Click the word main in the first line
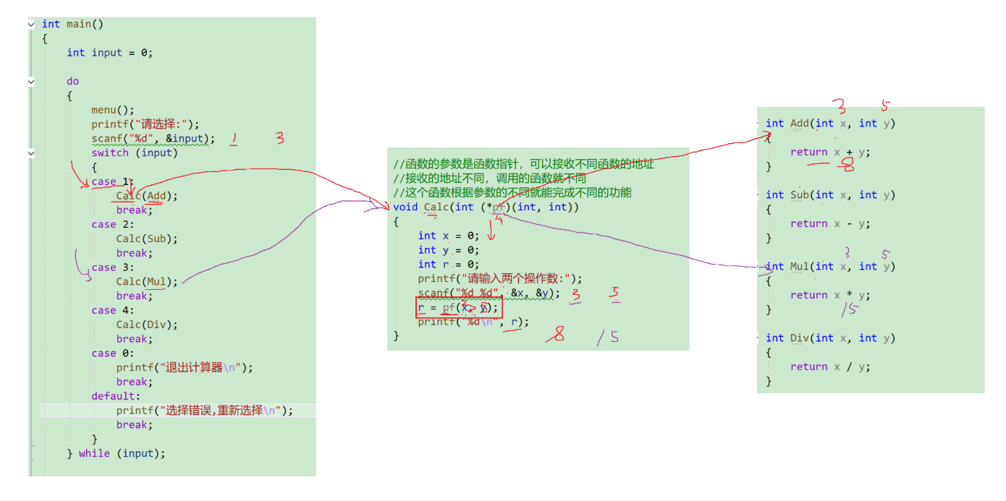[79, 24]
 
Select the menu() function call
[112, 110]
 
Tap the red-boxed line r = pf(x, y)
[458, 308]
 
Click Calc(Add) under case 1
[146, 196]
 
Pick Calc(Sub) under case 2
[146, 239]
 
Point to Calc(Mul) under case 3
[146, 281]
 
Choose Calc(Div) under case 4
[146, 325]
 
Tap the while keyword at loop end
[94, 453]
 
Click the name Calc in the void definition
[436, 207]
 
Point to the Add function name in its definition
[799, 124]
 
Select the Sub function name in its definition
[799, 195]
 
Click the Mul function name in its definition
[799, 267]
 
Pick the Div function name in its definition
[799, 338]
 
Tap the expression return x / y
[830, 367]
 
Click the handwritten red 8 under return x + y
[847, 167]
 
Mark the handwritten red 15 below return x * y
[849, 310]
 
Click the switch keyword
[110, 153]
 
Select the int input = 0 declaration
[109, 53]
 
